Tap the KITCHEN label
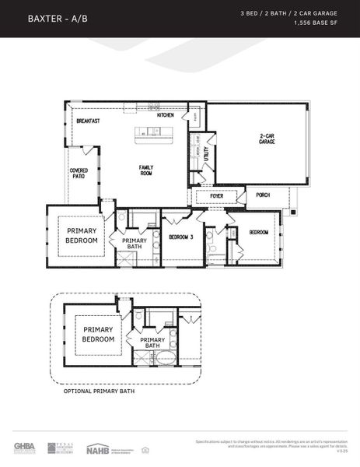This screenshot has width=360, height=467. click(165, 115)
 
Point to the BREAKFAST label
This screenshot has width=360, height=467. click(88, 121)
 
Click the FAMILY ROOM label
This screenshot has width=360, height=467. click(146, 170)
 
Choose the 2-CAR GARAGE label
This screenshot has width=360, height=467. click(267, 140)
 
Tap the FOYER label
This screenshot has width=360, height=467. click(217, 196)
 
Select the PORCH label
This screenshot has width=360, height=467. click(263, 195)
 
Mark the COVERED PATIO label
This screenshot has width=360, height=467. click(79, 173)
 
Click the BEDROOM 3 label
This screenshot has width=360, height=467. click(181, 237)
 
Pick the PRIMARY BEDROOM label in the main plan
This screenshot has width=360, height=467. click(82, 236)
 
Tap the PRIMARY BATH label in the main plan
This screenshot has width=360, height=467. click(134, 244)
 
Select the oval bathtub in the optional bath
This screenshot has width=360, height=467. click(165, 359)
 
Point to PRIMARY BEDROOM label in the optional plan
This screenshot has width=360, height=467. click(99, 335)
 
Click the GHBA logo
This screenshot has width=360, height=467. click(25, 448)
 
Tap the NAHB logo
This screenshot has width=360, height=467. click(98, 448)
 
